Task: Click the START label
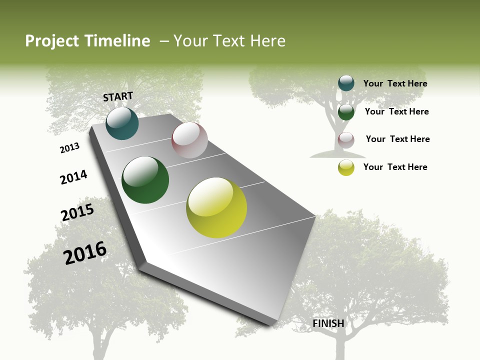[x=118, y=96]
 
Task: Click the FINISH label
[x=328, y=323]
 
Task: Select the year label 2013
[x=69, y=148]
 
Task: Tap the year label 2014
[x=73, y=177]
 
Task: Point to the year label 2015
[x=77, y=212]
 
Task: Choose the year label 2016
[x=85, y=252]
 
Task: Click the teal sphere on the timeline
[x=122, y=123]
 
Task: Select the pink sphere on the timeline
[x=189, y=140]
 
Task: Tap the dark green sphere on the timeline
[x=145, y=180]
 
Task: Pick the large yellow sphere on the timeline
[x=216, y=207]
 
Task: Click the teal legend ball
[x=346, y=83]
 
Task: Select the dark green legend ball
[x=346, y=112]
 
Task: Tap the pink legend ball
[x=346, y=140]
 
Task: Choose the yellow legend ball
[x=346, y=167]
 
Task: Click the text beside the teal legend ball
[x=395, y=83]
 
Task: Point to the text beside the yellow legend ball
[x=395, y=167]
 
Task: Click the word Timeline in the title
[x=119, y=41]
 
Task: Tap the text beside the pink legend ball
[x=397, y=139]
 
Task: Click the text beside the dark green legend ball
[x=396, y=111]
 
